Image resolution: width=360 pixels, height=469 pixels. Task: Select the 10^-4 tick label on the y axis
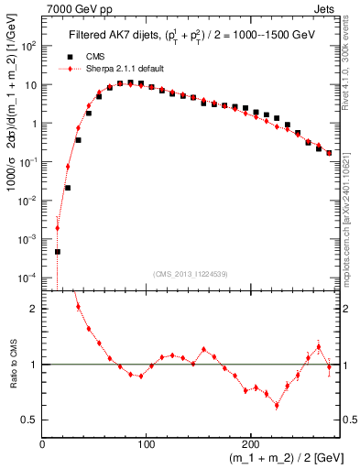29,277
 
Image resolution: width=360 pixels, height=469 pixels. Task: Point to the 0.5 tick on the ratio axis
33,420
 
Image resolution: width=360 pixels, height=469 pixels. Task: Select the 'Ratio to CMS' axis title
12,364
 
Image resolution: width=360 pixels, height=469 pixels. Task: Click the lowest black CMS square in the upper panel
58,251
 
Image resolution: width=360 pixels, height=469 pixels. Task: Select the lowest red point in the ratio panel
277,405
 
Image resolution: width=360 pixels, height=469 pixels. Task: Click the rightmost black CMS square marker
329,153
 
